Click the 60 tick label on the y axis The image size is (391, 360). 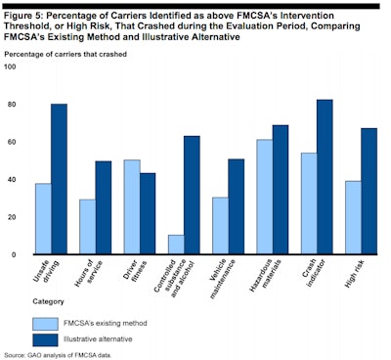click(12, 142)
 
